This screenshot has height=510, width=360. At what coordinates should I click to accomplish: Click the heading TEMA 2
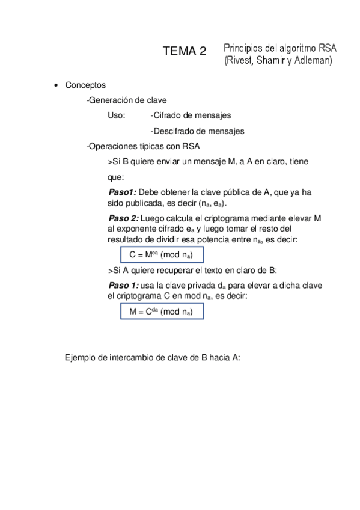(x=185, y=52)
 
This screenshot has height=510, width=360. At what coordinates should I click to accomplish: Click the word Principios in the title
(x=243, y=48)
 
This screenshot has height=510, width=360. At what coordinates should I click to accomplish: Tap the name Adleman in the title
(x=313, y=60)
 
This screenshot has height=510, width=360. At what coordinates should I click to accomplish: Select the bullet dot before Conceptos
(x=56, y=86)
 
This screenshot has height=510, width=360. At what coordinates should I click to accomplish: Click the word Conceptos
(x=85, y=85)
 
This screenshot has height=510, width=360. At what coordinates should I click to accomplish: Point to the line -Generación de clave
(x=127, y=100)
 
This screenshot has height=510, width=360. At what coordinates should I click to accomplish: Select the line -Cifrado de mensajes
(x=191, y=115)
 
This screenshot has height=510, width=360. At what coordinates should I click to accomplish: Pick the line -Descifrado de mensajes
(x=197, y=131)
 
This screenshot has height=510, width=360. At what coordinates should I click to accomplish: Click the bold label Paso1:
(x=122, y=192)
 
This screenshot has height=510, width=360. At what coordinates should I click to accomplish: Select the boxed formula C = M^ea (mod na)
(x=161, y=254)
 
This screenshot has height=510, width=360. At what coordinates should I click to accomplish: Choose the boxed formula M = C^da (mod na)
(x=161, y=312)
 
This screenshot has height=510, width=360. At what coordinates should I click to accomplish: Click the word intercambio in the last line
(x=131, y=357)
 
